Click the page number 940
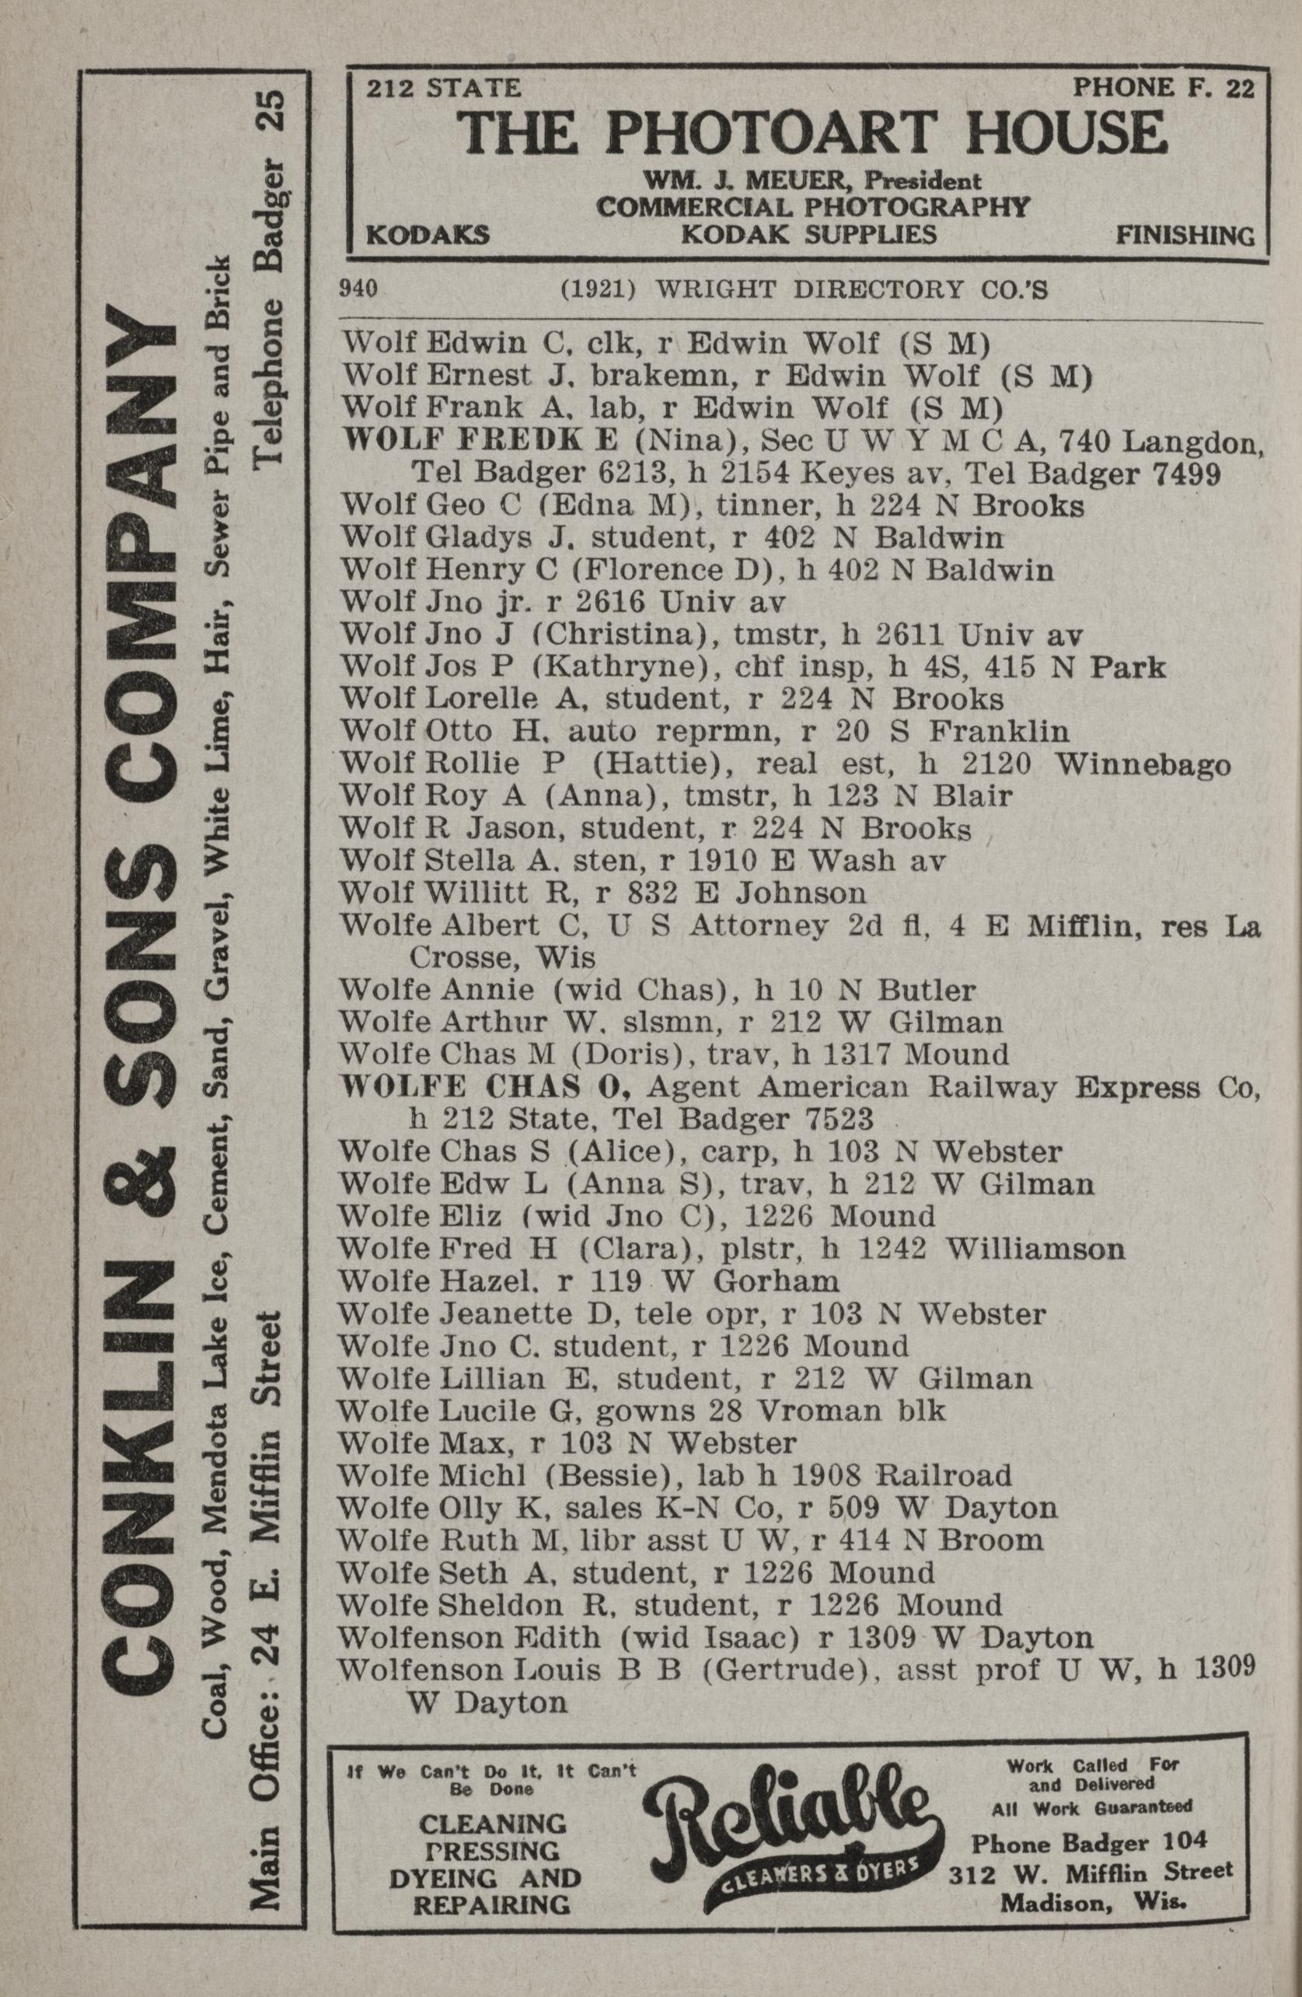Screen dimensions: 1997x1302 pos(358,290)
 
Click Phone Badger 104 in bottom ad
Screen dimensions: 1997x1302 pos(1089,1841)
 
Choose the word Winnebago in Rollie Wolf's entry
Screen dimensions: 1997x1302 pos(1143,765)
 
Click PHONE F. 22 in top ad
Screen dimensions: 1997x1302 pos(1164,87)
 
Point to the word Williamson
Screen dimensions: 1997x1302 pos(1035,1249)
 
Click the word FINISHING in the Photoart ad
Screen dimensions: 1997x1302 pos(1185,236)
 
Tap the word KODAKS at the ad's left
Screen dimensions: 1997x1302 pos(428,235)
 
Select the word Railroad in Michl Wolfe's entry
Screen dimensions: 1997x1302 pos(945,1475)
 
